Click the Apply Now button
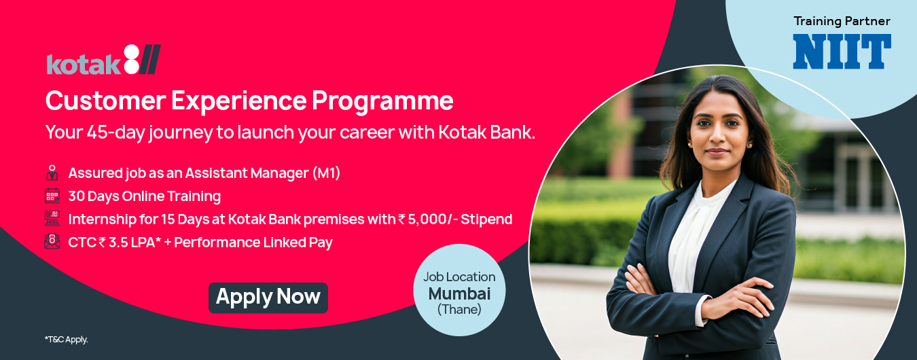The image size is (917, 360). (268, 298)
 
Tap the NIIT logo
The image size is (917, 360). (842, 52)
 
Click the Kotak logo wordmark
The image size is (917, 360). (103, 60)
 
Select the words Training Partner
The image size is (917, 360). (842, 21)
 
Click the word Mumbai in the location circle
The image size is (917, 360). (459, 293)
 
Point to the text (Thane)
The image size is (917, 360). (459, 309)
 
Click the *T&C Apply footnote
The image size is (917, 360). (67, 340)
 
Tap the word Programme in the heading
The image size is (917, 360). (382, 101)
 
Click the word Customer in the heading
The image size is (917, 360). (105, 101)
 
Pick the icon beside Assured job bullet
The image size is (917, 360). (52, 173)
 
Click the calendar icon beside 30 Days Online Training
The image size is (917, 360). (52, 196)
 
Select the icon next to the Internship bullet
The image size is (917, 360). (52, 219)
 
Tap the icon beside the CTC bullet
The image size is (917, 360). (52, 242)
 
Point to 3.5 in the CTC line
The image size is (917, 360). (118, 242)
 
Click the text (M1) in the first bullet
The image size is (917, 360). (326, 173)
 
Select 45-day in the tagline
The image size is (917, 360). (116, 132)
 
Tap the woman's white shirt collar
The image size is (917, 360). (715, 196)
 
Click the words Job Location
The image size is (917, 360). (459, 277)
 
